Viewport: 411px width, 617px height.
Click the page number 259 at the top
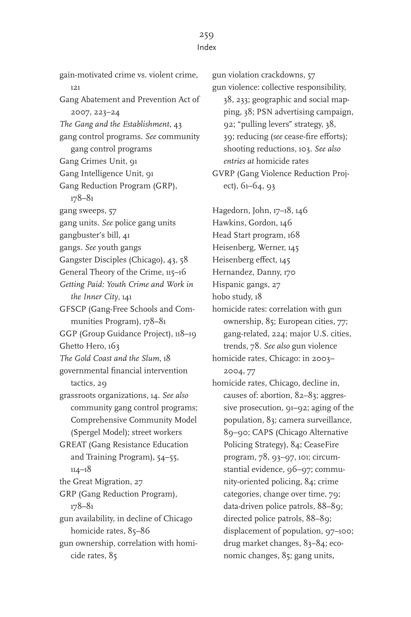[206, 35]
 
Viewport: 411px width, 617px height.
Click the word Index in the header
[207, 47]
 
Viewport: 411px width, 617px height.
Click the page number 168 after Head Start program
[293, 235]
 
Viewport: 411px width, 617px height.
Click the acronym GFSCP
[73, 309]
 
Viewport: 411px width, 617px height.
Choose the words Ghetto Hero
[82, 346]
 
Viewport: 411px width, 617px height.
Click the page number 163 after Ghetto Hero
[114, 346]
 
